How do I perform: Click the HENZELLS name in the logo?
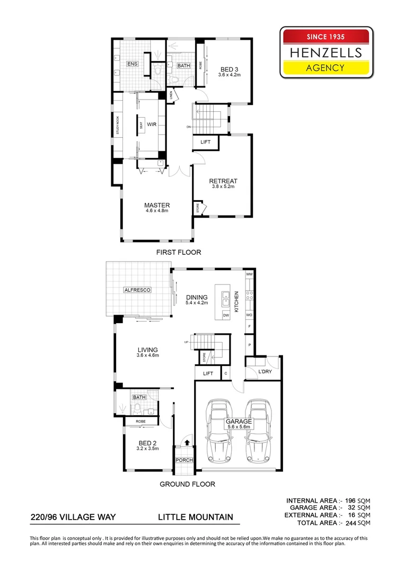[x=325, y=52]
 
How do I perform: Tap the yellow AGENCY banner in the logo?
[x=325, y=67]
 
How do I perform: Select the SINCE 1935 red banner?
[x=325, y=37]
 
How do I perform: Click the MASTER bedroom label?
[x=157, y=205]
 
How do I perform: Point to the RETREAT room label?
[x=223, y=181]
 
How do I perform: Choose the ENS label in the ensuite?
[x=132, y=64]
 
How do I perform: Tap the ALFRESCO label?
[x=138, y=290]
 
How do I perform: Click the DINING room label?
[x=197, y=297]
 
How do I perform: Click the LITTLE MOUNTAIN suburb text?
[x=196, y=516]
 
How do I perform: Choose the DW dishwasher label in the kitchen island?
[x=225, y=315]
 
